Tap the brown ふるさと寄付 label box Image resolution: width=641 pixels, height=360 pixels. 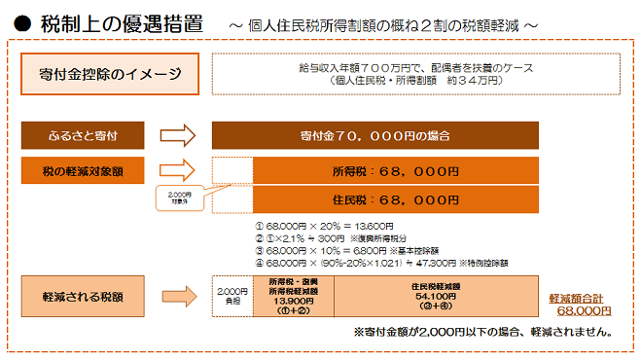(x=85, y=133)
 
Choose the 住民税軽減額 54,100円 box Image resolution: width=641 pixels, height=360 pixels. (x=434, y=297)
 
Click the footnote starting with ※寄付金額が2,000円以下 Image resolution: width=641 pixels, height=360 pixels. (x=481, y=332)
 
